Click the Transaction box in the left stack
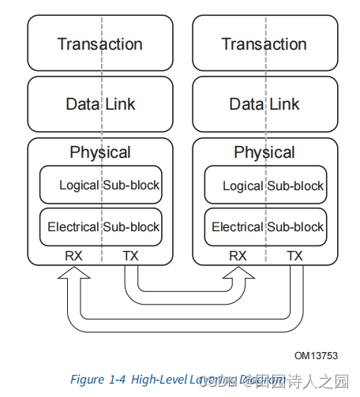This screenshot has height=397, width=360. click(99, 43)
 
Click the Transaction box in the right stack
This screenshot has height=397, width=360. click(264, 43)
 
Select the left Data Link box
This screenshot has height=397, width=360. click(99, 103)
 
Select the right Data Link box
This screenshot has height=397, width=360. click(264, 103)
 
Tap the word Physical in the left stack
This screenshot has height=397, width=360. click(99, 152)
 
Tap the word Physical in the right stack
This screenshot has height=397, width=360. click(264, 152)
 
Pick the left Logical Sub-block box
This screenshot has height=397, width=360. click(100, 185)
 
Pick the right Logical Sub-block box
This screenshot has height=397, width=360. click(264, 185)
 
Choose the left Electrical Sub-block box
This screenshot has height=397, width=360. click(100, 227)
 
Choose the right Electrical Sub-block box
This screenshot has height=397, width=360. click(264, 227)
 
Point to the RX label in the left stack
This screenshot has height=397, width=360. click(73, 256)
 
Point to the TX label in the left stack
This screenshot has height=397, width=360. click(130, 256)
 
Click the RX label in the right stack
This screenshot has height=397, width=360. click(238, 256)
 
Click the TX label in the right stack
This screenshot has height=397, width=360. click(294, 256)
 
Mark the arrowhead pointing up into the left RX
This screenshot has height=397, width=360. click(73, 273)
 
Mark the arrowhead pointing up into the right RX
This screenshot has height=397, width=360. click(238, 273)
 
